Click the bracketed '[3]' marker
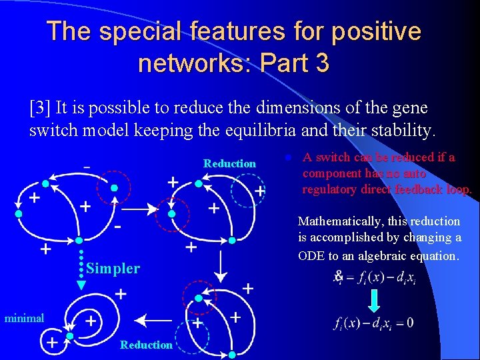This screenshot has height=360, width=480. pos(41,107)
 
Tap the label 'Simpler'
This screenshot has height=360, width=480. pos(113,269)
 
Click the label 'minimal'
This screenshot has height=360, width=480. pos(24,319)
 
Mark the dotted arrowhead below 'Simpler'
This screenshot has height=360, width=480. pos(81,285)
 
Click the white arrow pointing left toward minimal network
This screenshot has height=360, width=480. pos(154,319)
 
